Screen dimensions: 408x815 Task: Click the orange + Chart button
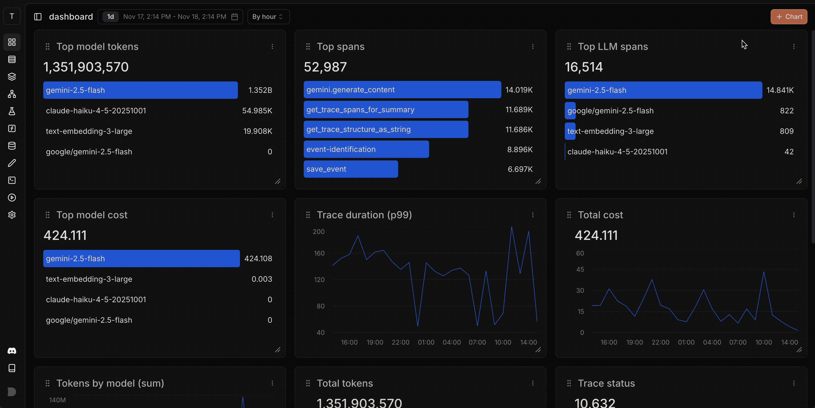pos(789,17)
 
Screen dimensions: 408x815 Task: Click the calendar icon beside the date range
pos(235,17)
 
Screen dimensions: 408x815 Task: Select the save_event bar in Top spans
pos(350,169)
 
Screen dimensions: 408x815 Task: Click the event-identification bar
pos(366,149)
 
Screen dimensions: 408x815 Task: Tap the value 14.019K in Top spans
pos(519,90)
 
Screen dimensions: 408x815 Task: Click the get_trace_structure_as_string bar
pos(386,130)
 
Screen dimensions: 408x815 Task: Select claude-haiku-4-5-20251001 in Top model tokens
pos(96,111)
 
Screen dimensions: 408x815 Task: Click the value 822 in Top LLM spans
pos(787,111)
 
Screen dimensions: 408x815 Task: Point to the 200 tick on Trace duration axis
pos(319,232)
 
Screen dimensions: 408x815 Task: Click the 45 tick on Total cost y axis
pos(580,270)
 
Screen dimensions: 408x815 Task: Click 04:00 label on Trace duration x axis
pos(452,342)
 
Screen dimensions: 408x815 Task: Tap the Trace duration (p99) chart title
pos(364,215)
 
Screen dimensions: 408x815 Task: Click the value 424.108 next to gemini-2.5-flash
pos(258,259)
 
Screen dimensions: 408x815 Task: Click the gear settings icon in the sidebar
pos(12,215)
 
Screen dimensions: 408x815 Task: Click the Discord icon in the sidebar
pos(12,351)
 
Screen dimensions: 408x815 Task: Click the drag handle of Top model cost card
pos(48,215)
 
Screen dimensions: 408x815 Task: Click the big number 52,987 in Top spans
pos(325,67)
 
